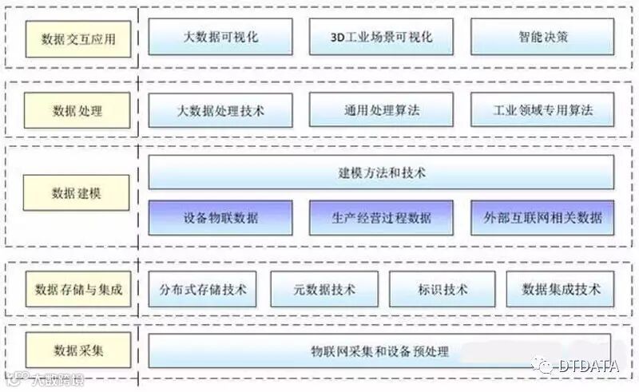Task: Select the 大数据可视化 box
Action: click(x=220, y=37)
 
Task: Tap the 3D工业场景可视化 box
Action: click(x=381, y=37)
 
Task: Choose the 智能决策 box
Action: click(x=542, y=37)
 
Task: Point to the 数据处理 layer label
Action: click(x=77, y=110)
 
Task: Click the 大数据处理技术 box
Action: click(x=220, y=110)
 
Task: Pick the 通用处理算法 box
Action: click(x=381, y=110)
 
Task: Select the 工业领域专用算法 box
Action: click(x=542, y=110)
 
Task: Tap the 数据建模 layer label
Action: click(x=77, y=193)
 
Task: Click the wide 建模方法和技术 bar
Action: click(x=381, y=172)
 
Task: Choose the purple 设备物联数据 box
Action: click(x=220, y=217)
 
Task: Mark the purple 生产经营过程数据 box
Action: click(x=381, y=217)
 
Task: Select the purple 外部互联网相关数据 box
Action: click(x=542, y=217)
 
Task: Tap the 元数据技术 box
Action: click(x=323, y=288)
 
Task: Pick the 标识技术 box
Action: click(x=442, y=288)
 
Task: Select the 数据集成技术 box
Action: click(x=561, y=288)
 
